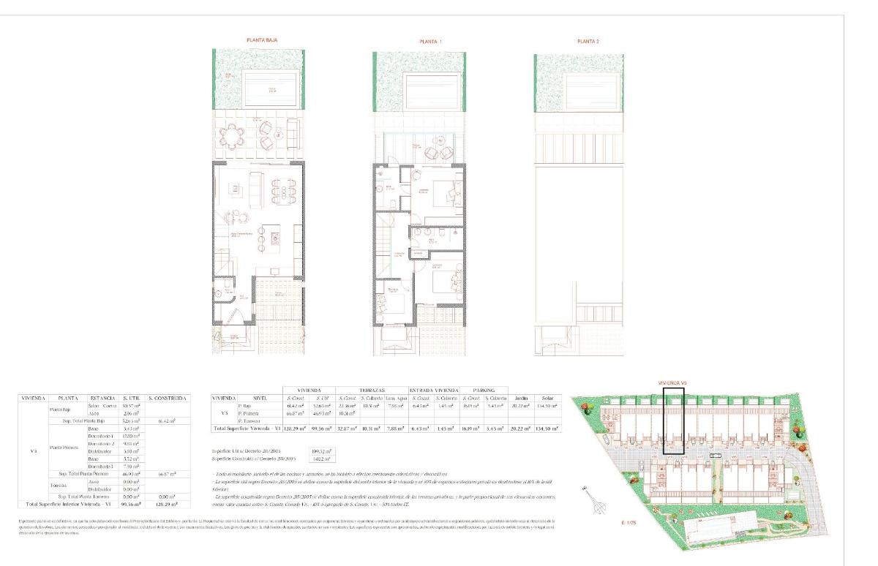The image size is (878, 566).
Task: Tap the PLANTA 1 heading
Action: tap(430, 42)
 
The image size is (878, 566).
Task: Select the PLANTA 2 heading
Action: tap(588, 42)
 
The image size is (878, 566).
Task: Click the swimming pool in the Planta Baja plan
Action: tap(260, 90)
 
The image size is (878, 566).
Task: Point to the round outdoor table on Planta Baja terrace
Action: tap(234, 135)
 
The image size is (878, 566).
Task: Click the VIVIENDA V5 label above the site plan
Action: tap(674, 382)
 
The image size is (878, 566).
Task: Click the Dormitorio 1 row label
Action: tap(102, 436)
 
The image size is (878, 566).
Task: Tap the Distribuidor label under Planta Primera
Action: tap(102, 451)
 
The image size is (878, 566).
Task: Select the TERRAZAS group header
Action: tap(372, 390)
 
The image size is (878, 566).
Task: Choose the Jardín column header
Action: tap(521, 397)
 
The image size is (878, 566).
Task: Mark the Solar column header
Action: tap(544, 397)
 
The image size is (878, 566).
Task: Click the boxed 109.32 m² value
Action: tap(322, 451)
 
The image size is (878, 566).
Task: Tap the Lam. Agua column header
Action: tap(396, 398)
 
